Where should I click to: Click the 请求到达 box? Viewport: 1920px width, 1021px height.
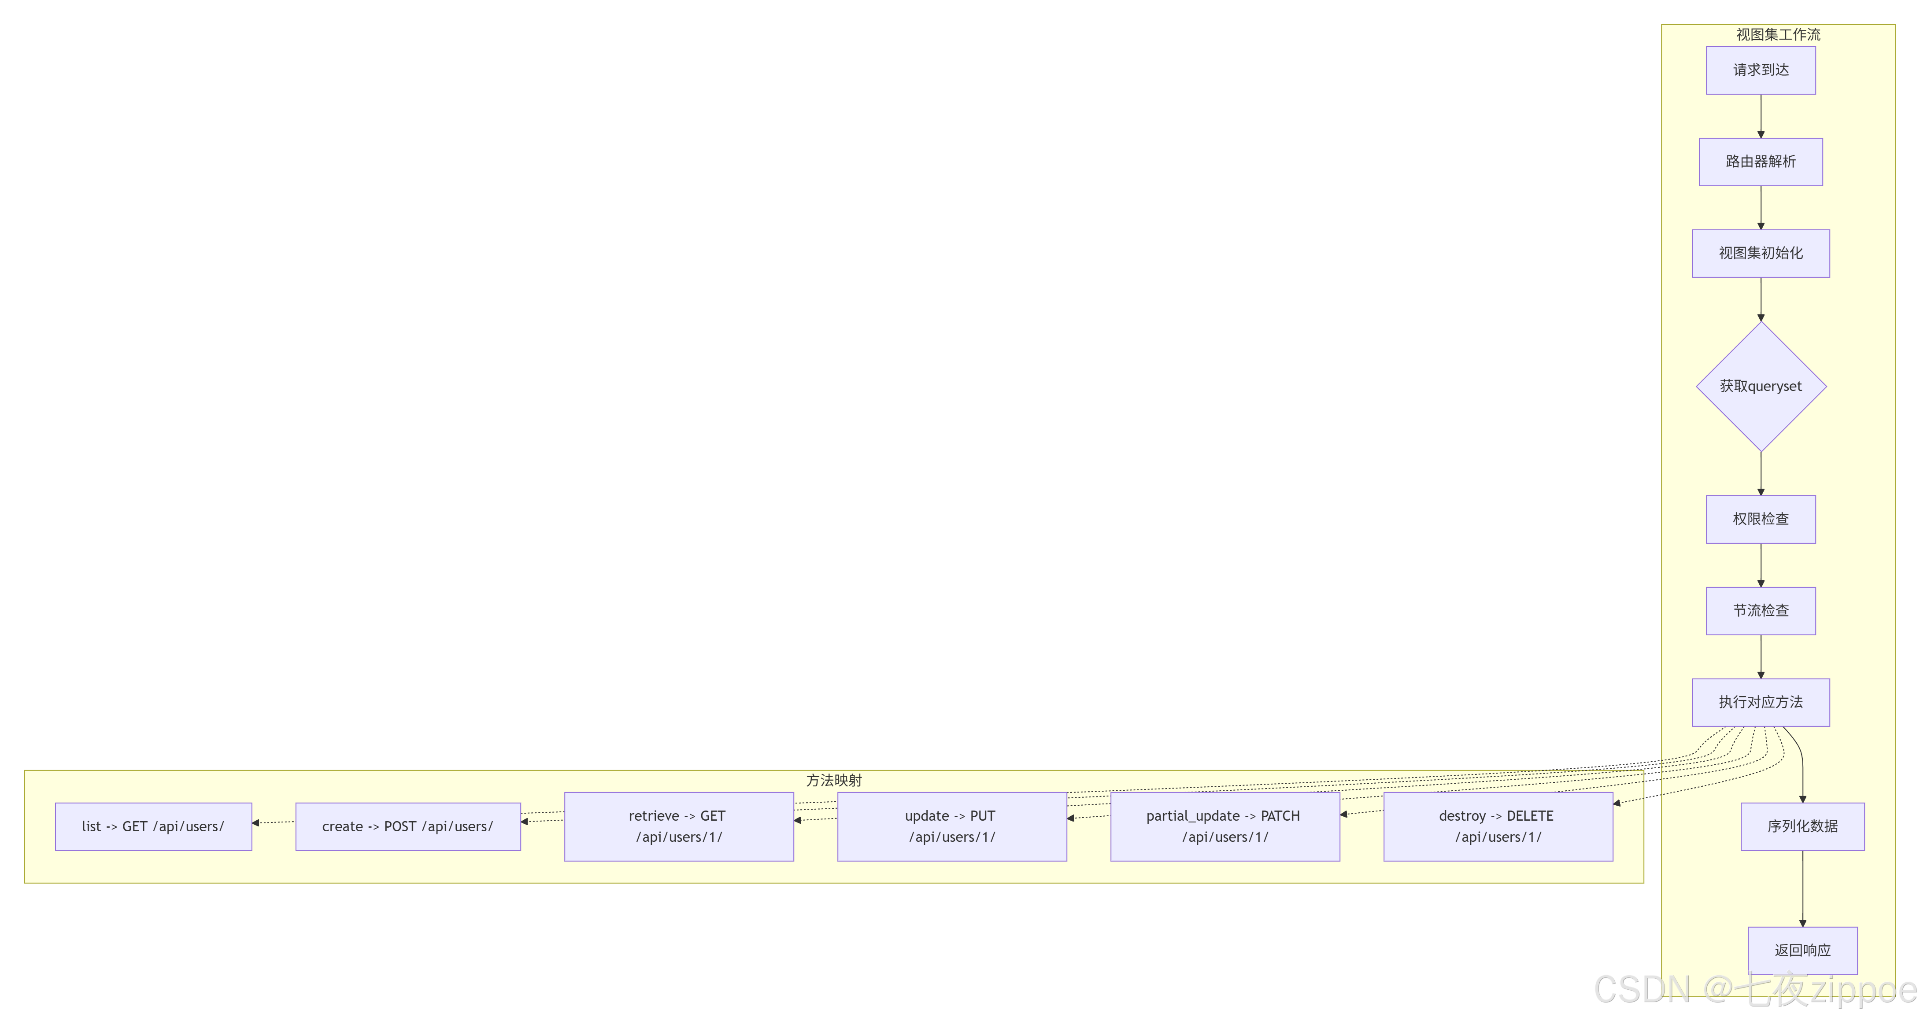[1761, 70]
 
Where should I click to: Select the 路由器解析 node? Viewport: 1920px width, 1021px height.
[1761, 162]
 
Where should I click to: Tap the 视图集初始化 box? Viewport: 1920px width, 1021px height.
[1761, 254]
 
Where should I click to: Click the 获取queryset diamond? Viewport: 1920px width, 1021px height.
[1761, 386]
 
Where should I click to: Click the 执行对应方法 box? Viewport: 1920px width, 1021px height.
[1761, 702]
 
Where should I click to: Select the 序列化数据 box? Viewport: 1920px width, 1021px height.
[1802, 826]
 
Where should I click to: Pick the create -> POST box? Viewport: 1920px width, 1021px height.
[408, 826]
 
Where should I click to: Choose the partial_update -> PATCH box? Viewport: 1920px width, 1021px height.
[1225, 826]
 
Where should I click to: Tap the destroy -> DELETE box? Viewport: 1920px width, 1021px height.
[1498, 826]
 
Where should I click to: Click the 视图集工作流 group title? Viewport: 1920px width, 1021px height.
[1778, 34]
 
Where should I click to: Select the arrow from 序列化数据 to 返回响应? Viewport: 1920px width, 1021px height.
[1802, 888]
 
